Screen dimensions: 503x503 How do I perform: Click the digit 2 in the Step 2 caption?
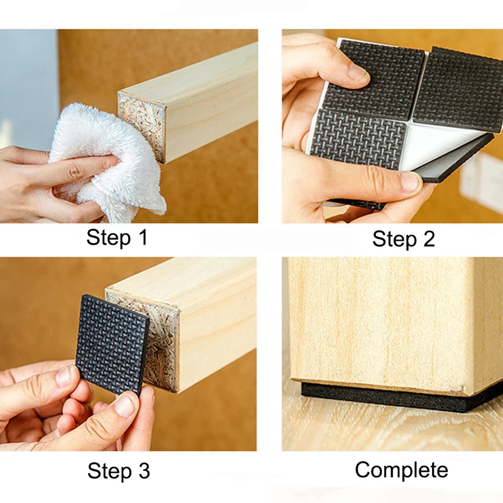coord(429,239)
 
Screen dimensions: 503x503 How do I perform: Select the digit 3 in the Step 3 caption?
coord(144,471)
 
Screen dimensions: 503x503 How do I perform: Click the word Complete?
coord(401,470)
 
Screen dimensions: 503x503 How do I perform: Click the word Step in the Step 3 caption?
coord(109,472)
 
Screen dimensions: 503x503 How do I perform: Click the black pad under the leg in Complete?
coord(398,396)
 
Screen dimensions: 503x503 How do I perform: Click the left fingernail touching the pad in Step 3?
coord(64,376)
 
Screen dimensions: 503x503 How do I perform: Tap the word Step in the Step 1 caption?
coord(108,238)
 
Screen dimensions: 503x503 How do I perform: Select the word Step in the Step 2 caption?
coord(395,240)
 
